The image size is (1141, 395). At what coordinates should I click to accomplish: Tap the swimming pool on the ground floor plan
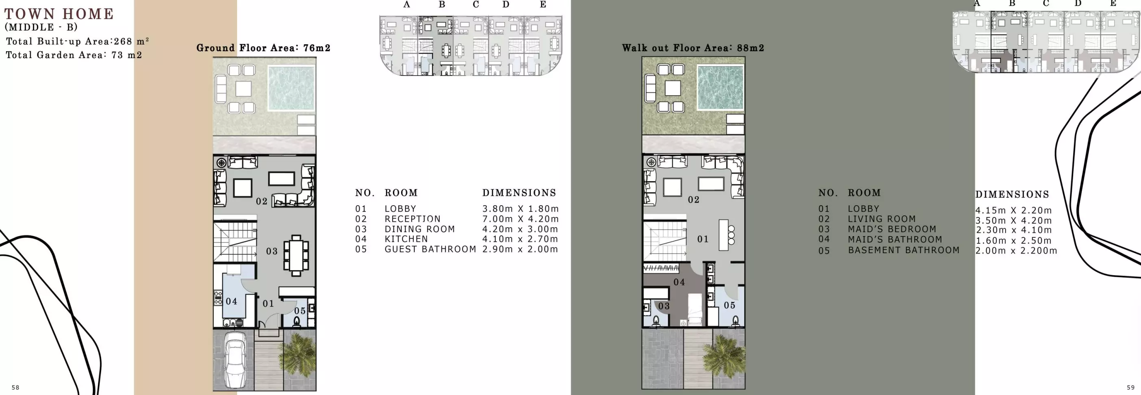pyautogui.click(x=291, y=88)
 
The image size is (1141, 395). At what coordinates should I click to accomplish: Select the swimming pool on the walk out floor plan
pyautogui.click(x=720, y=87)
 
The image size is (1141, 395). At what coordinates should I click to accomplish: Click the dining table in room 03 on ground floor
pyautogui.click(x=296, y=256)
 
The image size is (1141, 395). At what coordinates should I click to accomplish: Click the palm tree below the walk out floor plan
pyautogui.click(x=724, y=356)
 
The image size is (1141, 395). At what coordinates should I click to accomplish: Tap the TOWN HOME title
pyautogui.click(x=59, y=14)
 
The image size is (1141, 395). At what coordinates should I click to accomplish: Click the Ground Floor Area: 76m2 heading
pyautogui.click(x=263, y=48)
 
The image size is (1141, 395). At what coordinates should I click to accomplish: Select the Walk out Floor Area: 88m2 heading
pyautogui.click(x=693, y=48)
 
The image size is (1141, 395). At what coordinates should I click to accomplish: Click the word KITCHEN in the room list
pyautogui.click(x=406, y=239)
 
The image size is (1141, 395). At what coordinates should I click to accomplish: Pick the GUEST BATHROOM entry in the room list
pyautogui.click(x=430, y=249)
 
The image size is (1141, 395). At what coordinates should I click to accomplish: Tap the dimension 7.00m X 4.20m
pyautogui.click(x=520, y=219)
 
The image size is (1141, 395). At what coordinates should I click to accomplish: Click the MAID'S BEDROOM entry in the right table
pyautogui.click(x=892, y=229)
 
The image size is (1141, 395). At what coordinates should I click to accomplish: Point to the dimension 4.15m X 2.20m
pyautogui.click(x=1013, y=211)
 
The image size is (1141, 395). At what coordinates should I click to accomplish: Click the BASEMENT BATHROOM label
pyautogui.click(x=903, y=250)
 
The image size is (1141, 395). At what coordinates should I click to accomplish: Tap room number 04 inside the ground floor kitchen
pyautogui.click(x=231, y=302)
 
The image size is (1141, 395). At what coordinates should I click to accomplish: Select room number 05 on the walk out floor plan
pyautogui.click(x=729, y=305)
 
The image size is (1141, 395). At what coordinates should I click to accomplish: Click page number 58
pyautogui.click(x=15, y=387)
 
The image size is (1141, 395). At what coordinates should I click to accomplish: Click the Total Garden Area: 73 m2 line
pyautogui.click(x=74, y=55)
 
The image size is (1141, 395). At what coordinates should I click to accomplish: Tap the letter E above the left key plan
pyautogui.click(x=542, y=5)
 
